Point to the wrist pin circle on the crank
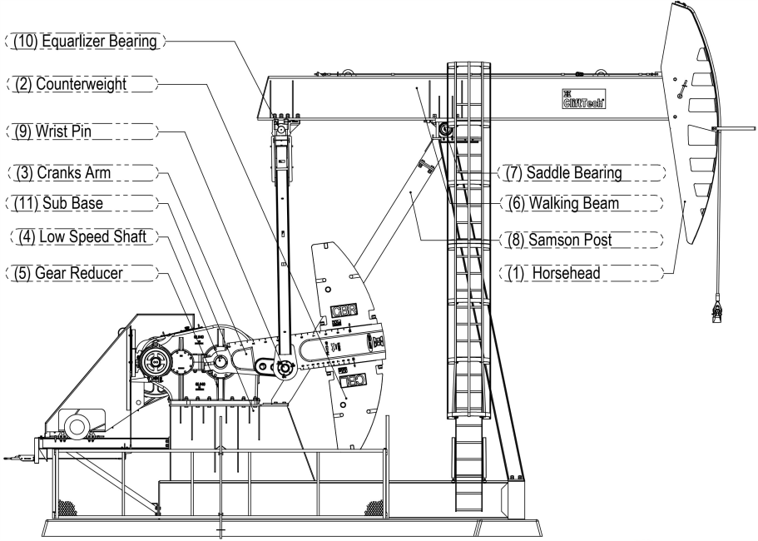285,369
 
